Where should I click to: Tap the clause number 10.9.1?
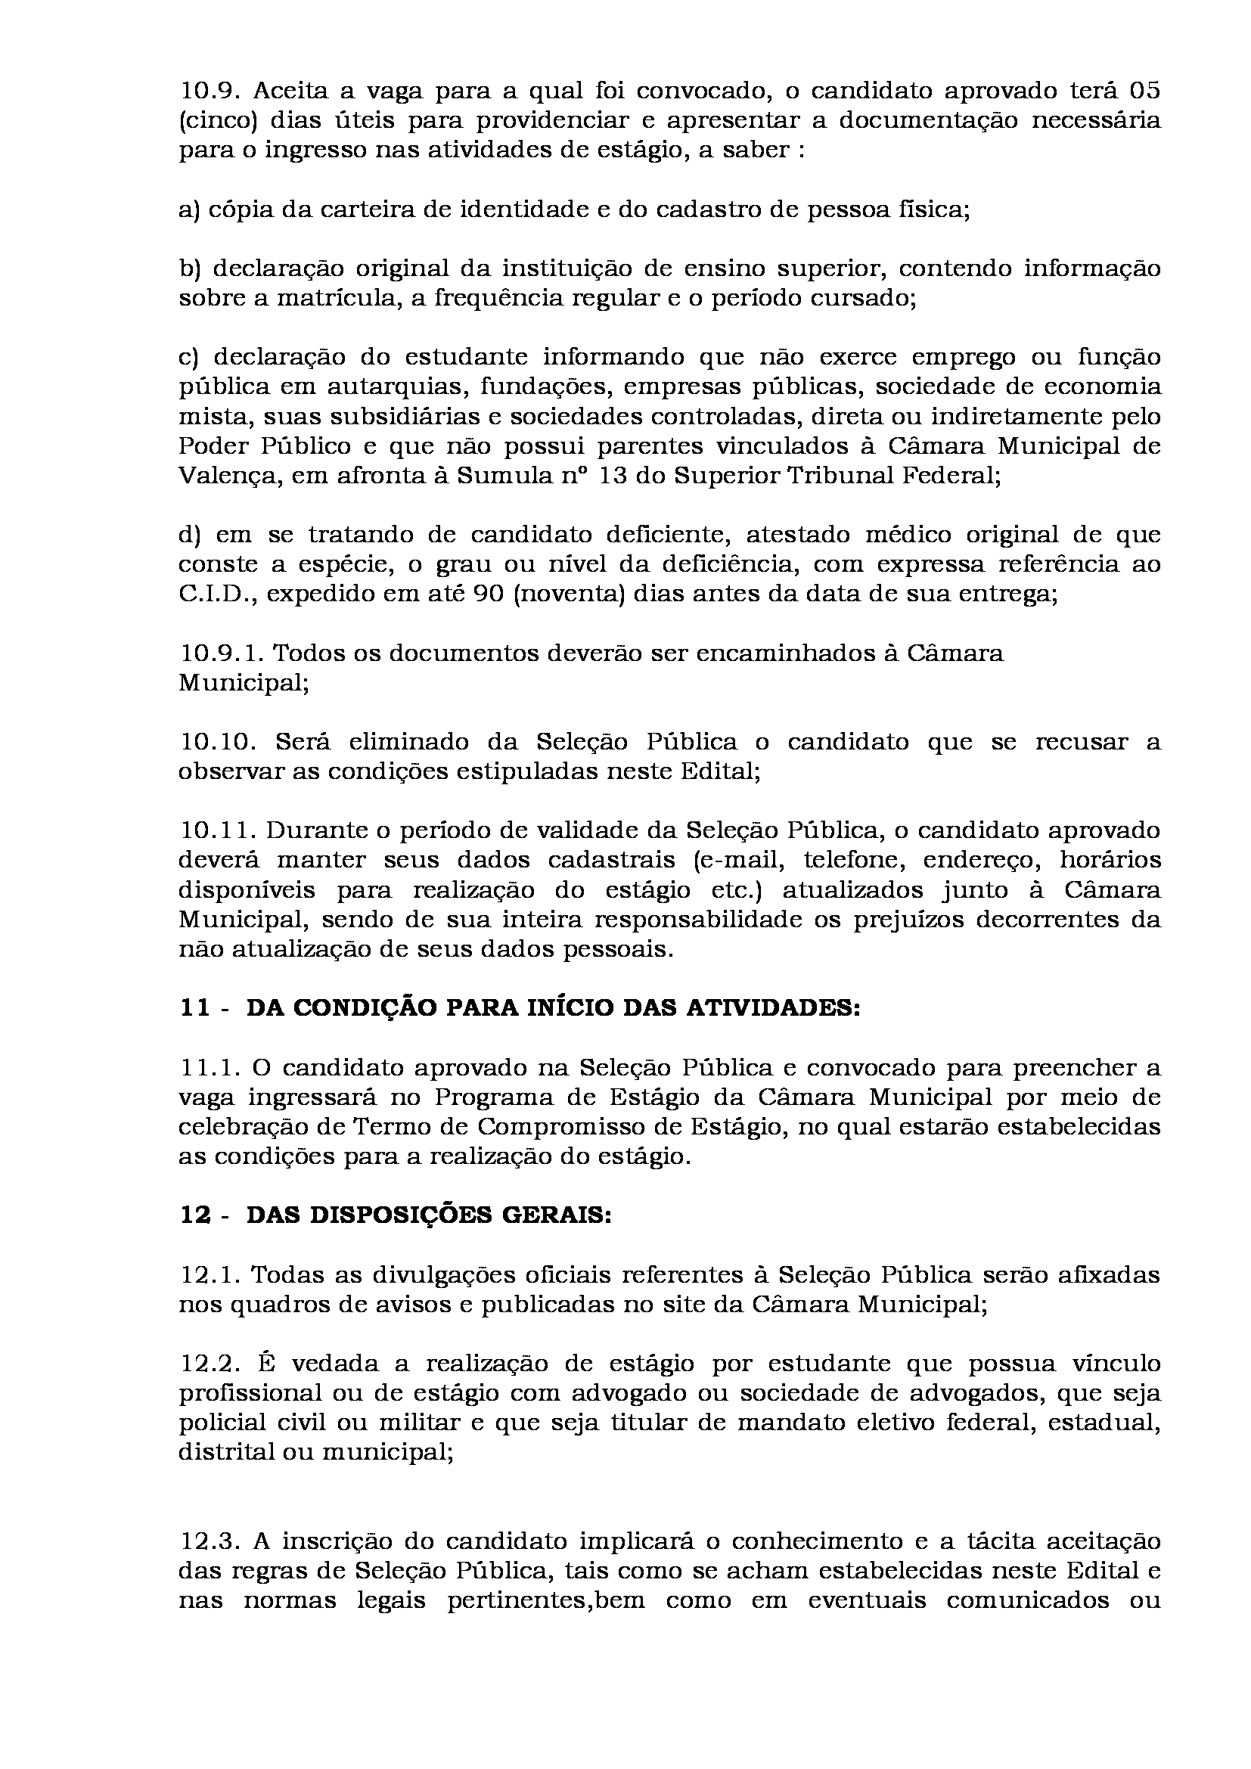coord(222,653)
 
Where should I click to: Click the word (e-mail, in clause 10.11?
coord(736,860)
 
